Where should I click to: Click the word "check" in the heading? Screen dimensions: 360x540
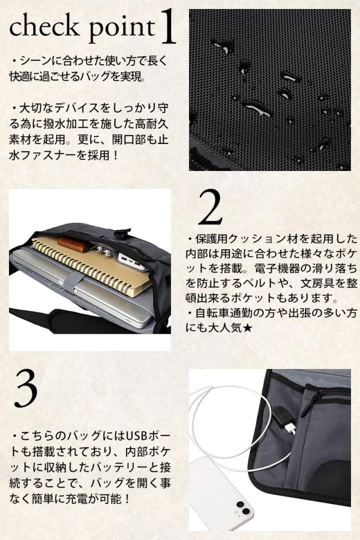pos(44,26)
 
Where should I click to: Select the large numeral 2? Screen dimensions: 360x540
pos(210,208)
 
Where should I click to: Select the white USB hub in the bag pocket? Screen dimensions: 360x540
pos(132,263)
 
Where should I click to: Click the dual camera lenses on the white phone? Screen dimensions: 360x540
pos(243,507)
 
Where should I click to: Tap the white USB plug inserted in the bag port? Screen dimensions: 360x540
pos(290,428)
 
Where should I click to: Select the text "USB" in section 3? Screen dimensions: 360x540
pos(137,436)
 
